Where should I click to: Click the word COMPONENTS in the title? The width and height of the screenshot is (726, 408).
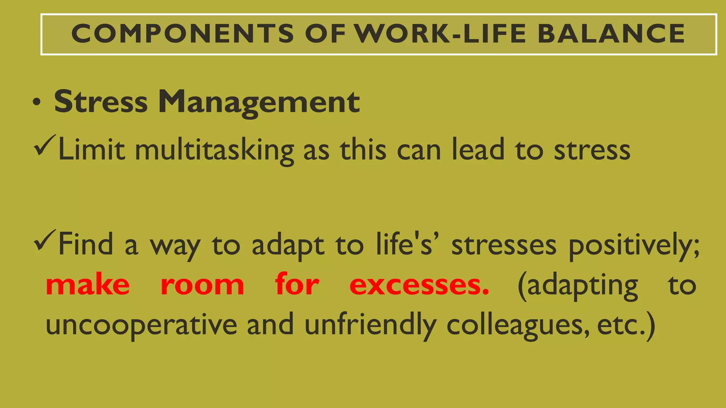[x=183, y=34]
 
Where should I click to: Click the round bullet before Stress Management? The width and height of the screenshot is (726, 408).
[x=36, y=103]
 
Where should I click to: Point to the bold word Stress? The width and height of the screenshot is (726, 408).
[x=101, y=102]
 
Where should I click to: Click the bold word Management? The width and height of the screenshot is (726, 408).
[x=259, y=102]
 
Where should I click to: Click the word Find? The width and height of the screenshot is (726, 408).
[x=85, y=244]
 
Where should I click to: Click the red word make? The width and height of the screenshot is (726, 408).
[x=88, y=285]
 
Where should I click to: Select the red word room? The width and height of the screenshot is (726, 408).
[x=202, y=285]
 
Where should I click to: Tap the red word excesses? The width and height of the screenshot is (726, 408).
[x=419, y=285]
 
